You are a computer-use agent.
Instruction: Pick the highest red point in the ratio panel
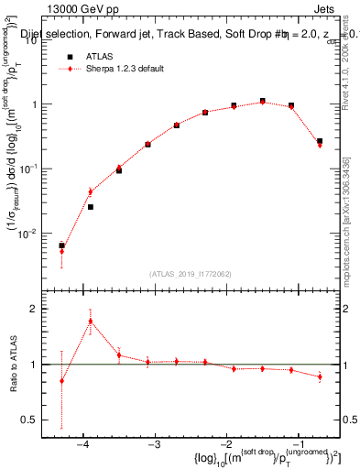[91, 321]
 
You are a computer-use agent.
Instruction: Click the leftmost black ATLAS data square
[61, 245]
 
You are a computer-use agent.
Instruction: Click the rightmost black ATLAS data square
[319, 141]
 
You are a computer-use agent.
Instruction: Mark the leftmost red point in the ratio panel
[61, 381]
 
